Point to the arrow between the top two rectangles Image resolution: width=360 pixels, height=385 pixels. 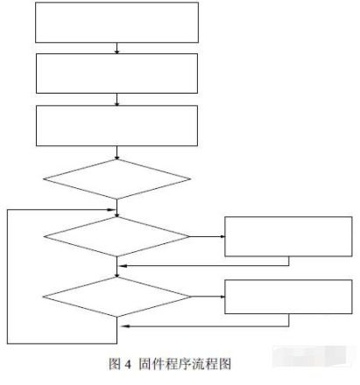pyautogui.click(x=116, y=48)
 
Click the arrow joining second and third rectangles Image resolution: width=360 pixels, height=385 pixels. pyautogui.click(x=116, y=100)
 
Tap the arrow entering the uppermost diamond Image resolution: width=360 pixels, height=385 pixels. pyautogui.click(x=116, y=152)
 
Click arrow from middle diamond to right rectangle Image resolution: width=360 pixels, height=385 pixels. pyautogui.click(x=208, y=236)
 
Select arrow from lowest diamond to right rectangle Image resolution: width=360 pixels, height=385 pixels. pyautogui.click(x=208, y=297)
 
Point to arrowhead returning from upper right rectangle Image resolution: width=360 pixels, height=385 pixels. pyautogui.click(x=123, y=266)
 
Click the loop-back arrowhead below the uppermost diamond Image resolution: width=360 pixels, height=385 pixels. pyautogui.click(x=111, y=210)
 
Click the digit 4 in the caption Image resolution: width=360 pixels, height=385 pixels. pyautogui.click(x=128, y=364)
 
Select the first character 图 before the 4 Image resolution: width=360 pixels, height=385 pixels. pyautogui.click(x=115, y=364)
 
